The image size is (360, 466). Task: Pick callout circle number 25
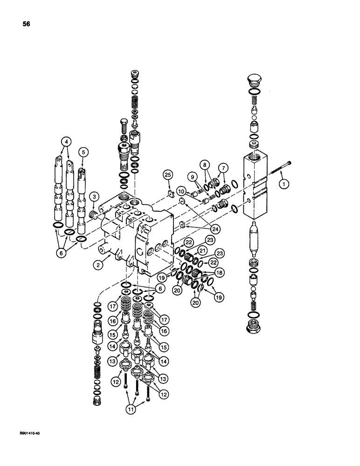pyautogui.click(x=168, y=175)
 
